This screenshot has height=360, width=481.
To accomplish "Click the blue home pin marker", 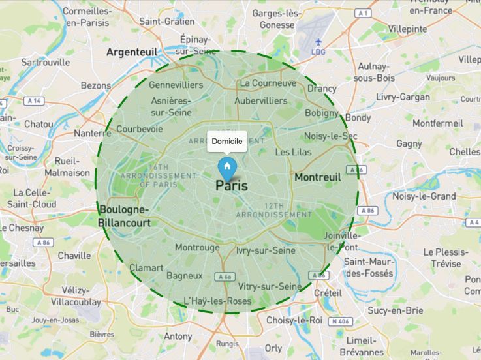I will coord(226,167).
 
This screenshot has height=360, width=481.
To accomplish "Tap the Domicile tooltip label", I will coord(227,141).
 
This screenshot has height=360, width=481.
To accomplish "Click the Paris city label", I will coord(232,185).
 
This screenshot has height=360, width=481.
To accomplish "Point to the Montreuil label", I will coord(318,177).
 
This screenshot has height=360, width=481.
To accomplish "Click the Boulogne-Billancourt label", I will coord(125,216).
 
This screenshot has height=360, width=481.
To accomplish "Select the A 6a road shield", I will coord(225,277).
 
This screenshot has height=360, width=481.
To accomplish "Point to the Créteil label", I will coord(328,293).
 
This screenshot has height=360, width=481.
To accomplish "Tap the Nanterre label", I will coord(93,133).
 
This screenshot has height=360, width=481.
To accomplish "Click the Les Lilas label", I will coord(293,152).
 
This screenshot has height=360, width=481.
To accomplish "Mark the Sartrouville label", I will coord(46,62).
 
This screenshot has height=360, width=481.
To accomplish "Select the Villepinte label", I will coord(407,29).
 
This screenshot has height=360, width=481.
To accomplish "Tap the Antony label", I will coord(178,337).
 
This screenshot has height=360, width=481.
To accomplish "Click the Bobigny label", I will coord(322,113).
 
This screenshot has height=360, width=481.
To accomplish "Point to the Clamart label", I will coord(146,267).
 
